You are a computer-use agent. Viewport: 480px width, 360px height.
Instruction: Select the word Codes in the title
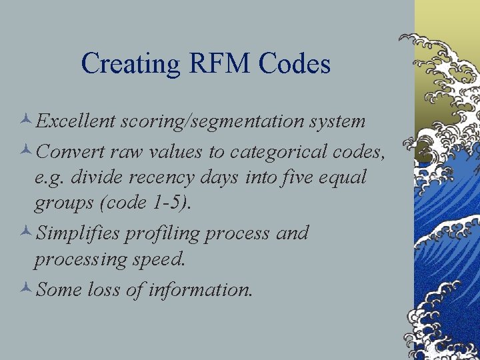pos(294,64)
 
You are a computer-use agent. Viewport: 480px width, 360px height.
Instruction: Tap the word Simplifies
pos(78,234)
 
